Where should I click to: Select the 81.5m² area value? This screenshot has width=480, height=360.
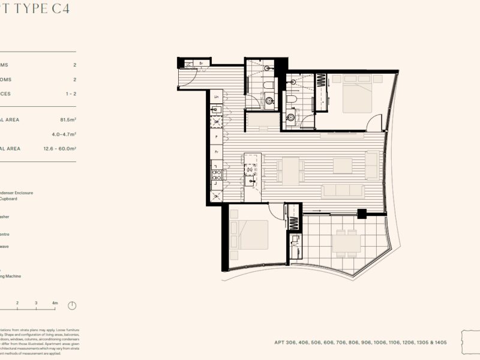pos(65,119)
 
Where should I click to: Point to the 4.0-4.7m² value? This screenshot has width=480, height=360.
pos(64,134)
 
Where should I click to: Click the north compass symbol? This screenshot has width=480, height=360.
pos(72,305)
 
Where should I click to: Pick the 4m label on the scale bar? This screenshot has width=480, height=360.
pos(55,303)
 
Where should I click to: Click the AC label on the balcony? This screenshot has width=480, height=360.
pos(295,245)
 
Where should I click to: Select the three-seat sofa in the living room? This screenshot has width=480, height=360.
pos(343,191)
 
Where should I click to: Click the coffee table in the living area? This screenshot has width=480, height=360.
pos(343,165)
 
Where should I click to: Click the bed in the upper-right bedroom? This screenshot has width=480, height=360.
pos(357,94)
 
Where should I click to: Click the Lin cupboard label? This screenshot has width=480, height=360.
pos(216,96)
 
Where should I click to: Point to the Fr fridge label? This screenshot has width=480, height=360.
pos(216,152)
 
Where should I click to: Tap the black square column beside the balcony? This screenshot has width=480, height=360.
pos(361,212)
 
